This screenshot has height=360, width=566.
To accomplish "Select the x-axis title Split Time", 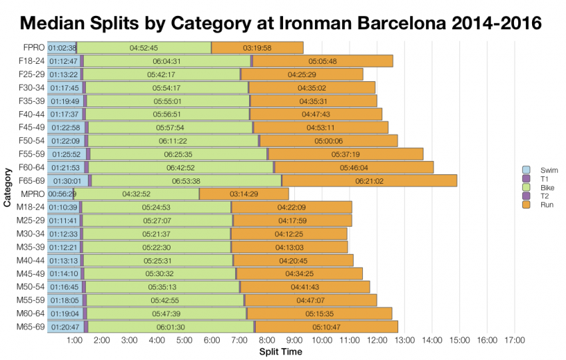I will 280,351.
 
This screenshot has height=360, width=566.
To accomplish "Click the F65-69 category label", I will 31,180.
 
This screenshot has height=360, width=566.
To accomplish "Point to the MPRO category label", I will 33,194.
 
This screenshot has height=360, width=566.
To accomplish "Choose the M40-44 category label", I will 31,260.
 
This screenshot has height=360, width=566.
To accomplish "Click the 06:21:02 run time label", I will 370,181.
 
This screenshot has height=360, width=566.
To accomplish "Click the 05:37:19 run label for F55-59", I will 345,154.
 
